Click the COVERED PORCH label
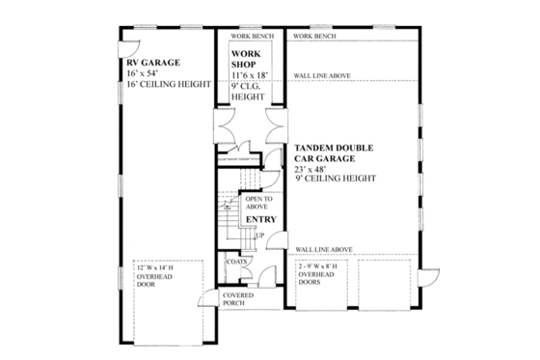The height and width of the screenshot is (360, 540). [238, 299]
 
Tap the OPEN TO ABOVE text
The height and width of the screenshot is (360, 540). [259, 203]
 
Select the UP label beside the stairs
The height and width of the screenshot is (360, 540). [259, 235]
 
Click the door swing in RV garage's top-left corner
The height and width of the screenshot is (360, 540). [127, 47]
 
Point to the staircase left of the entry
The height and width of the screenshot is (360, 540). [226, 213]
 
